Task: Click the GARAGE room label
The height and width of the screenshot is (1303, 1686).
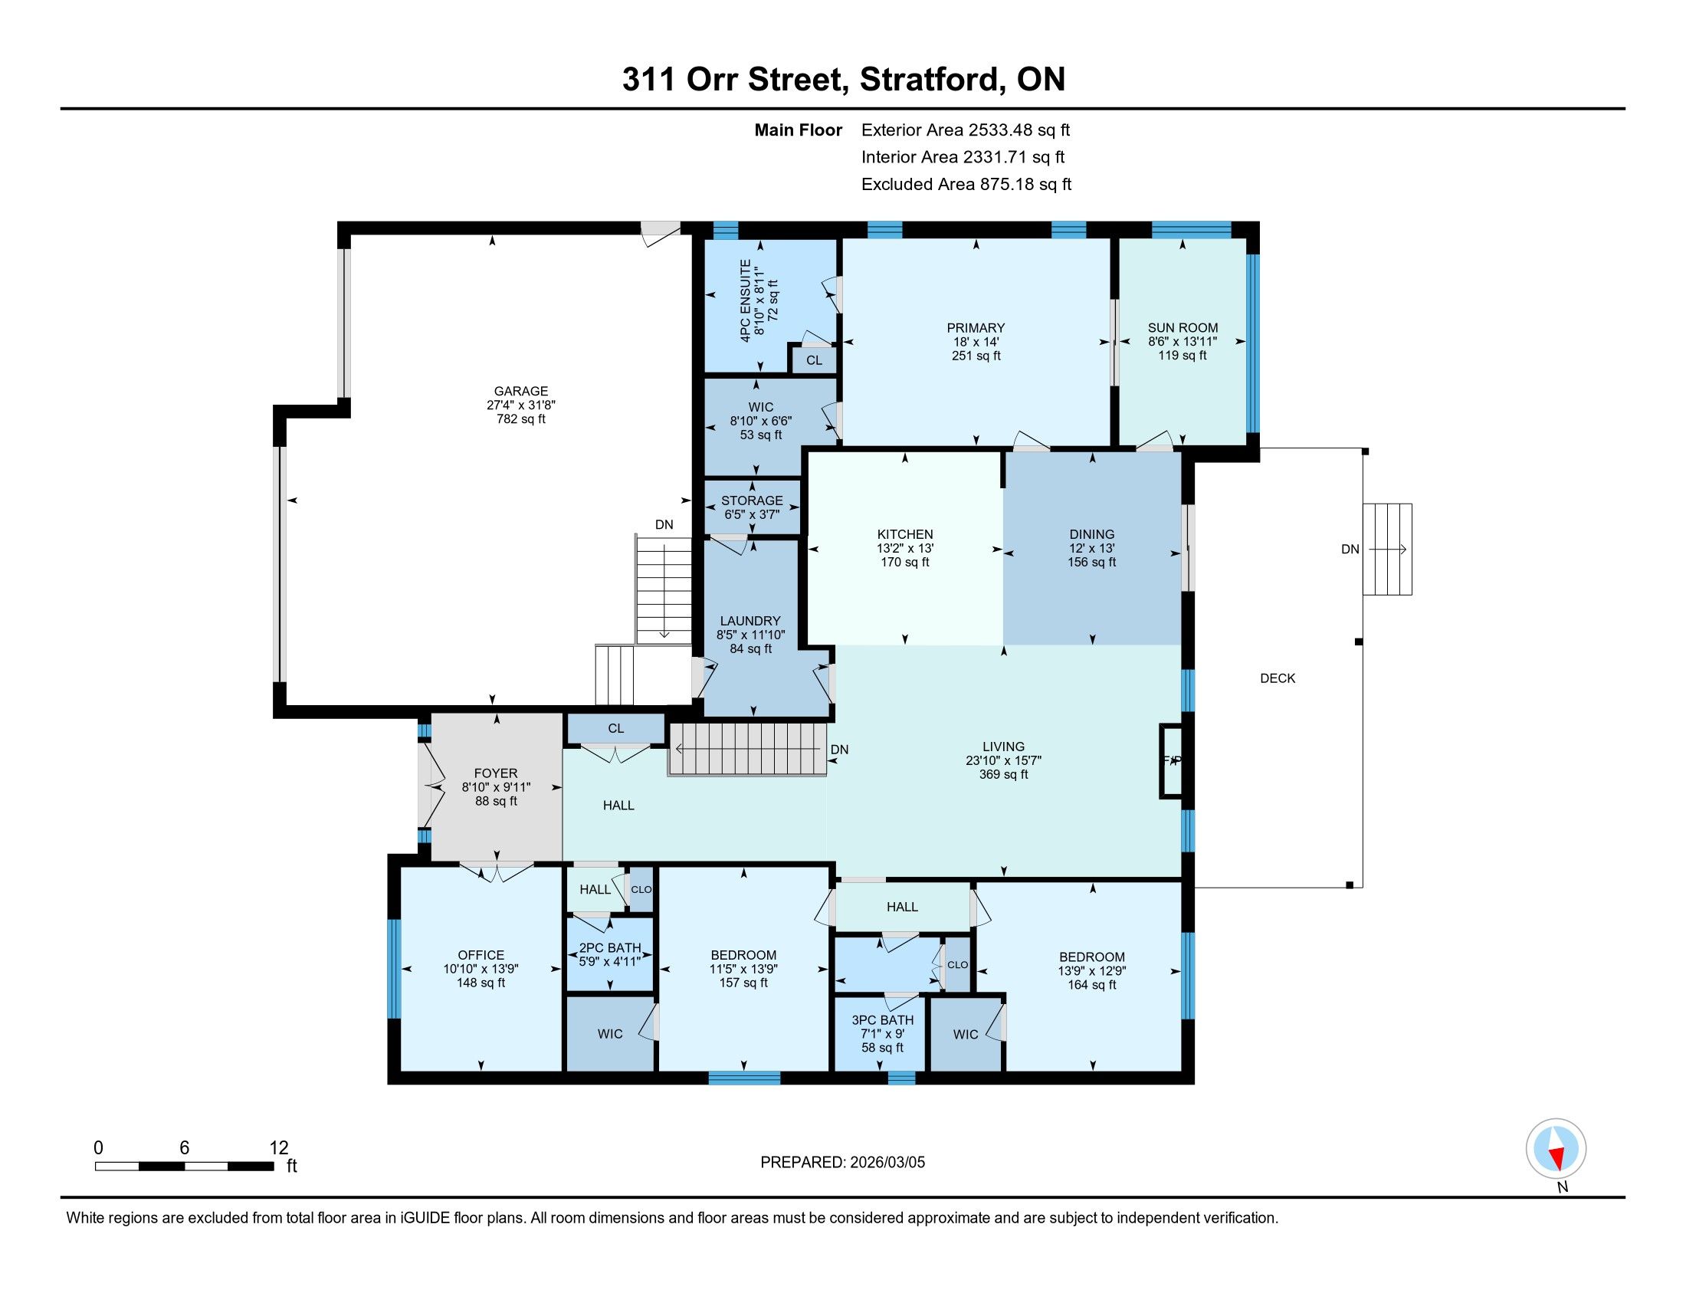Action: click(521, 392)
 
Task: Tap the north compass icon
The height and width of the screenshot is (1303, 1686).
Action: click(1556, 1148)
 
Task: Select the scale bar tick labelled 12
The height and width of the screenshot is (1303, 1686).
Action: click(279, 1148)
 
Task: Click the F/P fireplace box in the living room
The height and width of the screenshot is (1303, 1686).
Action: click(1172, 760)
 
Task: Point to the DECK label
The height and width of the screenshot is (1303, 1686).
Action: click(1278, 678)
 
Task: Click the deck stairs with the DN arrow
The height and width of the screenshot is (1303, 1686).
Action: click(1387, 549)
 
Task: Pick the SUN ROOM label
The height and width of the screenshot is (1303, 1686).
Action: click(1182, 328)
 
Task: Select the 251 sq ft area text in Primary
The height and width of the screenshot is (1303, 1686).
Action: click(976, 356)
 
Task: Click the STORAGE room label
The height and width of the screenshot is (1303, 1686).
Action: click(752, 501)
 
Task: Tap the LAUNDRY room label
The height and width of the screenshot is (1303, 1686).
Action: click(750, 621)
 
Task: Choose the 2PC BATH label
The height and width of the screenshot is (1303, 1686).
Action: click(610, 948)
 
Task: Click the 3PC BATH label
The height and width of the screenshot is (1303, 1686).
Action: click(882, 1019)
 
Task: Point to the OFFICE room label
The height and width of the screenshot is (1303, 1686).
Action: click(481, 955)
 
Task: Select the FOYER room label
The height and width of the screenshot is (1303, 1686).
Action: click(497, 773)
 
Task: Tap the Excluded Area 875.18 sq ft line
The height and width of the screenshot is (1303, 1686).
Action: click(966, 185)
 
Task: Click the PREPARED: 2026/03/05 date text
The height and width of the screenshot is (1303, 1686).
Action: click(842, 1163)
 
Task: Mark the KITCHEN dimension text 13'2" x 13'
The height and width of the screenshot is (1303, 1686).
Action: click(905, 548)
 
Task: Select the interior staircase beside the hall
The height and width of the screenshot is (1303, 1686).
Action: click(747, 749)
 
